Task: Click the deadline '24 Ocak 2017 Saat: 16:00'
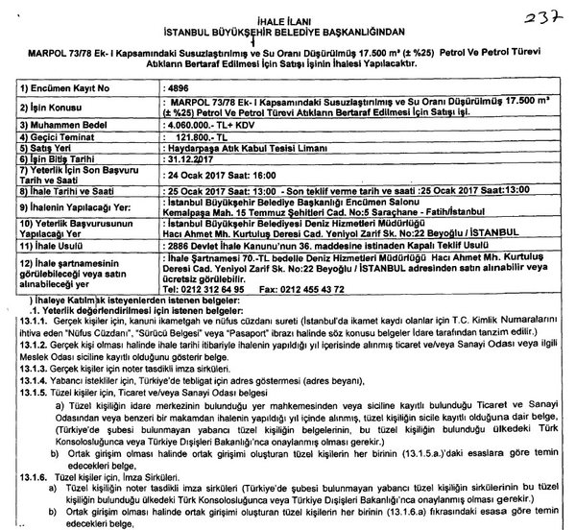coord(211,177)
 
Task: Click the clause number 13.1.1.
coord(23,324)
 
